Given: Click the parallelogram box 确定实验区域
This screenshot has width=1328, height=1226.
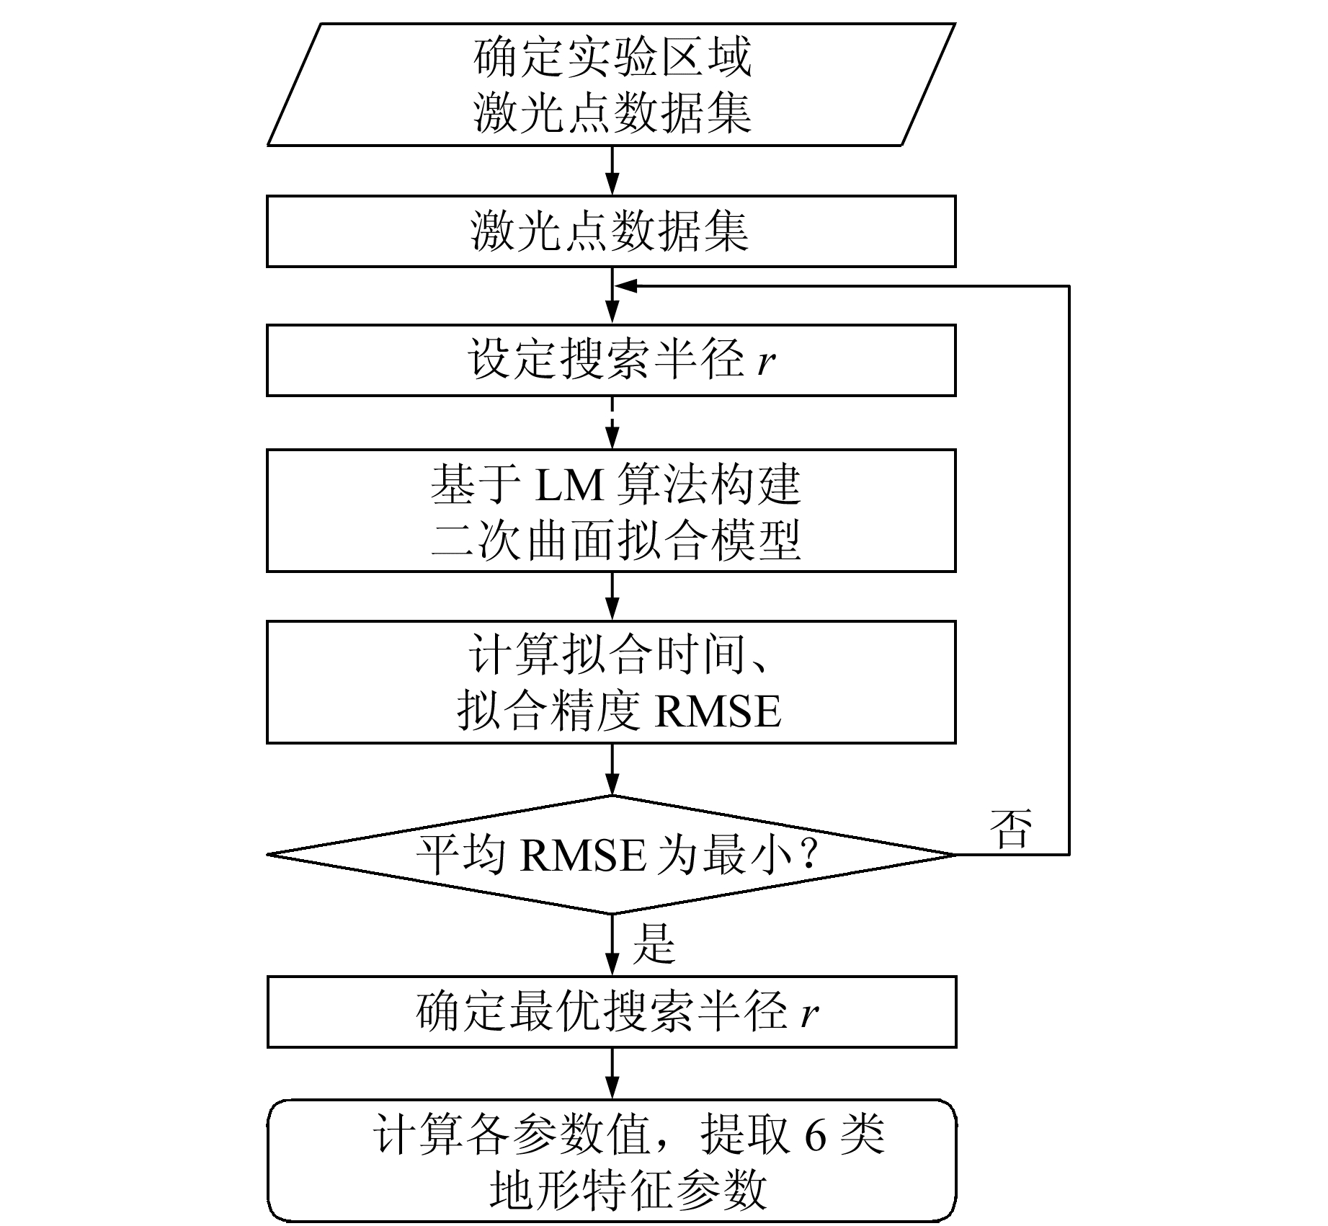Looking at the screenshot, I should tap(611, 84).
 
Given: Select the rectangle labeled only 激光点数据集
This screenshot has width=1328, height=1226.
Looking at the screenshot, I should tap(611, 231).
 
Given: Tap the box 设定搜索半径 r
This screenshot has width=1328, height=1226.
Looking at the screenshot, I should tap(611, 360).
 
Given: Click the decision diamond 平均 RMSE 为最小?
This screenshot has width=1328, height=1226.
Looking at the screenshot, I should tap(611, 855).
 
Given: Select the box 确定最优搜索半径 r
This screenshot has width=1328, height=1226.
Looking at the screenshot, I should tap(611, 1011).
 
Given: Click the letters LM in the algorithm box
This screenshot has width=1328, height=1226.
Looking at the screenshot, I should tap(569, 484).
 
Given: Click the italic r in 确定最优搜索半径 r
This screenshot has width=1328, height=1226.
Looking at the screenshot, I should tap(809, 1013).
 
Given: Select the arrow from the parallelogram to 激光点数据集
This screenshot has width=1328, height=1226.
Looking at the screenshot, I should tap(612, 170).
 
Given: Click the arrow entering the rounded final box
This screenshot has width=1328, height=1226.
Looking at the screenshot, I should tap(612, 1073).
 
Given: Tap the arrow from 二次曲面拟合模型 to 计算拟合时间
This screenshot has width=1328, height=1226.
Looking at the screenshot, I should tap(612, 596).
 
